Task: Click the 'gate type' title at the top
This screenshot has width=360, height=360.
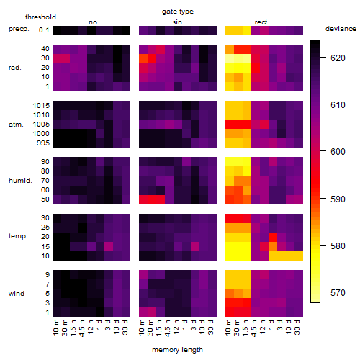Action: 178,12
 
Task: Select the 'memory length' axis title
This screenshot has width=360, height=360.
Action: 177,350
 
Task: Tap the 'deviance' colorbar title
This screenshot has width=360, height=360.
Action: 341,29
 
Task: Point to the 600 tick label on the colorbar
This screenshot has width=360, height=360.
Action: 338,152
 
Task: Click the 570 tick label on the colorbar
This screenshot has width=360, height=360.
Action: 338,293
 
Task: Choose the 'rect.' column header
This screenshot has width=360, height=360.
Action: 261,22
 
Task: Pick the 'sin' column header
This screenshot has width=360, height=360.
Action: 177,22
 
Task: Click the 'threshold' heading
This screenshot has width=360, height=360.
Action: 40,17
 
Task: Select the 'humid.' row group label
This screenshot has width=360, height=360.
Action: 20,181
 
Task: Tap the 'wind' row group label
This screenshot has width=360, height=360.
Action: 17,294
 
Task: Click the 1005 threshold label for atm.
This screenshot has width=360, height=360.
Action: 41,125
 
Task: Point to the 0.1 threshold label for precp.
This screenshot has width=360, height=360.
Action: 44,30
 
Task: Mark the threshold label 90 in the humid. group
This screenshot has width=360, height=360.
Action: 45,162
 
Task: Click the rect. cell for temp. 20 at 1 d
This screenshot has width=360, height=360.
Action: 273,237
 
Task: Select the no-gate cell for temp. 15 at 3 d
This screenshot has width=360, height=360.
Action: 109,246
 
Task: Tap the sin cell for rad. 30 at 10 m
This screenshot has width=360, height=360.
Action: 143,59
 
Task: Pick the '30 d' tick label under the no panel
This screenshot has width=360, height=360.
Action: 126,327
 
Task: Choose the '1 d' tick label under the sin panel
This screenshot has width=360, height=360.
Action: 186,325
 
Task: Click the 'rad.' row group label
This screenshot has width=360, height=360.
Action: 15,68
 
